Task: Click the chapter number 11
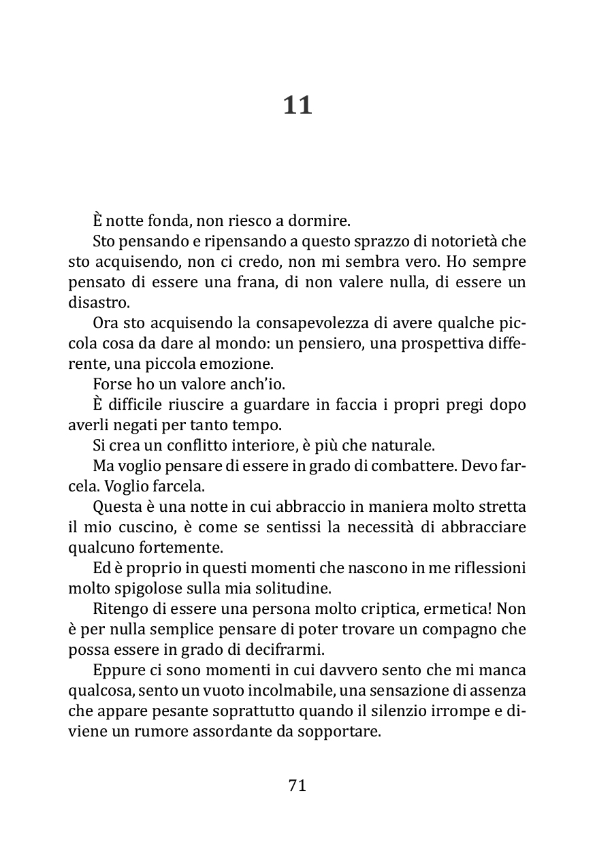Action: coord(297,106)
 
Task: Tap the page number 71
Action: coord(297,785)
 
